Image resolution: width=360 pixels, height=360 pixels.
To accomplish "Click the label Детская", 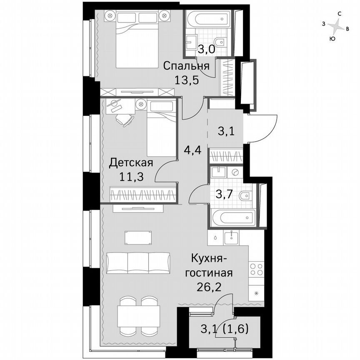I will click(x=131, y=162).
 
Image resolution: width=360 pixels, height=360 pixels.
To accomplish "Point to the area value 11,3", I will click(x=131, y=176).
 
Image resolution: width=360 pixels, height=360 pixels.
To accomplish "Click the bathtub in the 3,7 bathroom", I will click(x=233, y=217).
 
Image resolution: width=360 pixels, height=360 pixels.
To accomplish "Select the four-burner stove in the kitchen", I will click(x=256, y=269).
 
